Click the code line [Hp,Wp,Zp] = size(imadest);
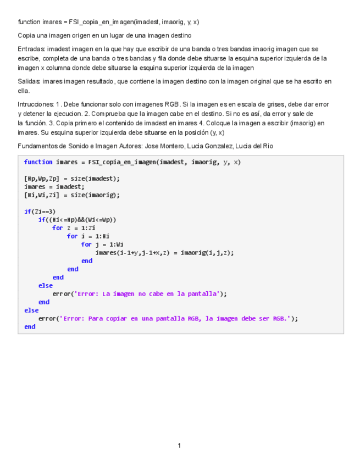tap(71, 179)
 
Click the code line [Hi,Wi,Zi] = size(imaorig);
tap(71, 195)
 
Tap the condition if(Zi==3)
tap(40, 212)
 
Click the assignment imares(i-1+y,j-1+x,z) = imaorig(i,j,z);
tap(164, 253)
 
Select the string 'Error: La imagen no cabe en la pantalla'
tap(147, 294)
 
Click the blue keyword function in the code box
tap(38, 162)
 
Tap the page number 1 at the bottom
tap(179, 446)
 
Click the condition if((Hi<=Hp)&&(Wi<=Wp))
tap(77, 220)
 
